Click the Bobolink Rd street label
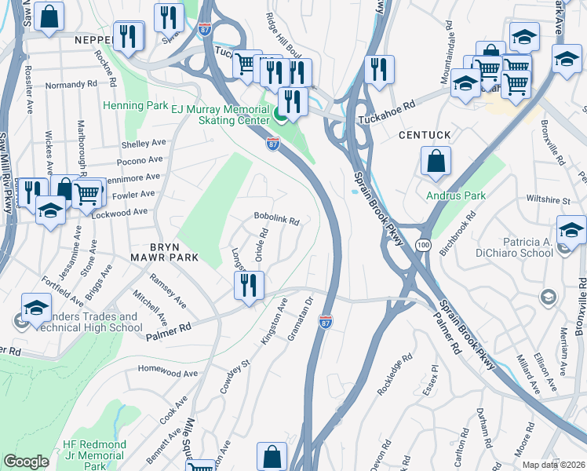276,221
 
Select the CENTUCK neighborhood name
425,135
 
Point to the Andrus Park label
456,195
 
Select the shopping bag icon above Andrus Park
436,161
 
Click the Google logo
26,462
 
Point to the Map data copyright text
552,465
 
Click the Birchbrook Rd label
458,233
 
